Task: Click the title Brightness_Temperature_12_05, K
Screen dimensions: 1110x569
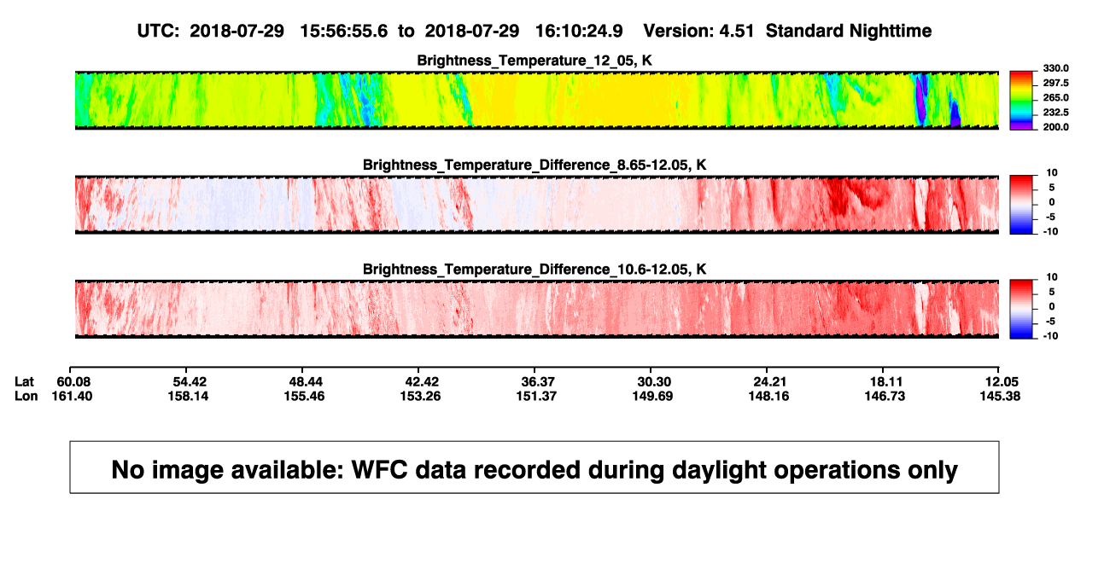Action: pyautogui.click(x=535, y=61)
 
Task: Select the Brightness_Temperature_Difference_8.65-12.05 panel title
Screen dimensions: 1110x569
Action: pyautogui.click(x=535, y=165)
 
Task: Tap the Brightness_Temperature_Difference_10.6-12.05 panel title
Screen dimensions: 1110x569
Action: pyautogui.click(x=535, y=270)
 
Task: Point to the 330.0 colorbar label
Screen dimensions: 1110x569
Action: pyautogui.click(x=1055, y=68)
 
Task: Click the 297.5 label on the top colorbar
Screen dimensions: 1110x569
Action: pyautogui.click(x=1055, y=83)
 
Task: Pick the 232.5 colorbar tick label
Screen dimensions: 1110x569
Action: pyautogui.click(x=1055, y=113)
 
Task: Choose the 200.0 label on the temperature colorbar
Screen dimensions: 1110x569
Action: pyautogui.click(x=1055, y=127)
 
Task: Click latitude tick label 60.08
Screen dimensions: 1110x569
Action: pyautogui.click(x=73, y=382)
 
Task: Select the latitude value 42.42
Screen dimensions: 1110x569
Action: pyautogui.click(x=422, y=382)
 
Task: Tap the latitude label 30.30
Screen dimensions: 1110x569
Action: pyautogui.click(x=654, y=382)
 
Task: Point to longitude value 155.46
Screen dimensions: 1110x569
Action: pyautogui.click(x=304, y=396)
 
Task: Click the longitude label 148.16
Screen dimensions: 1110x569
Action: pyautogui.click(x=768, y=396)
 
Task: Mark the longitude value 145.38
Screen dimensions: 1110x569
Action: pyautogui.click(x=1000, y=396)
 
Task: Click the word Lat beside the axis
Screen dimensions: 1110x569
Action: pyautogui.click(x=24, y=382)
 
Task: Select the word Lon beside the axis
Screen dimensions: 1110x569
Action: pyautogui.click(x=26, y=396)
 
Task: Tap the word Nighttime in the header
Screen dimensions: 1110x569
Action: pyautogui.click(x=890, y=32)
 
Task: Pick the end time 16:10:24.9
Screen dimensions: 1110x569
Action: pyautogui.click(x=579, y=32)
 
